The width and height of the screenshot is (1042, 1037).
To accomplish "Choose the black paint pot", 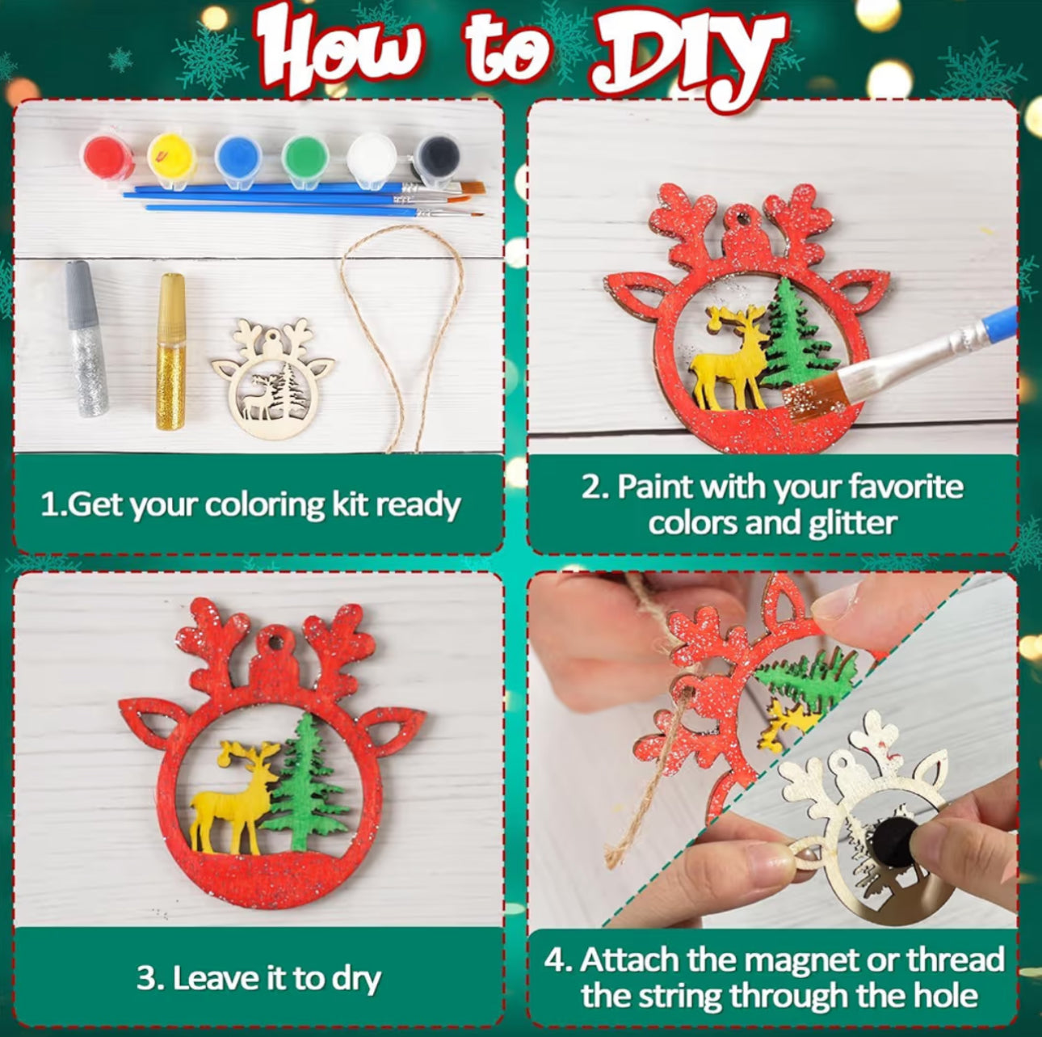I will click(x=438, y=156).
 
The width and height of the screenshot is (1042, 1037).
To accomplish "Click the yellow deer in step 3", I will click(x=234, y=796).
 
